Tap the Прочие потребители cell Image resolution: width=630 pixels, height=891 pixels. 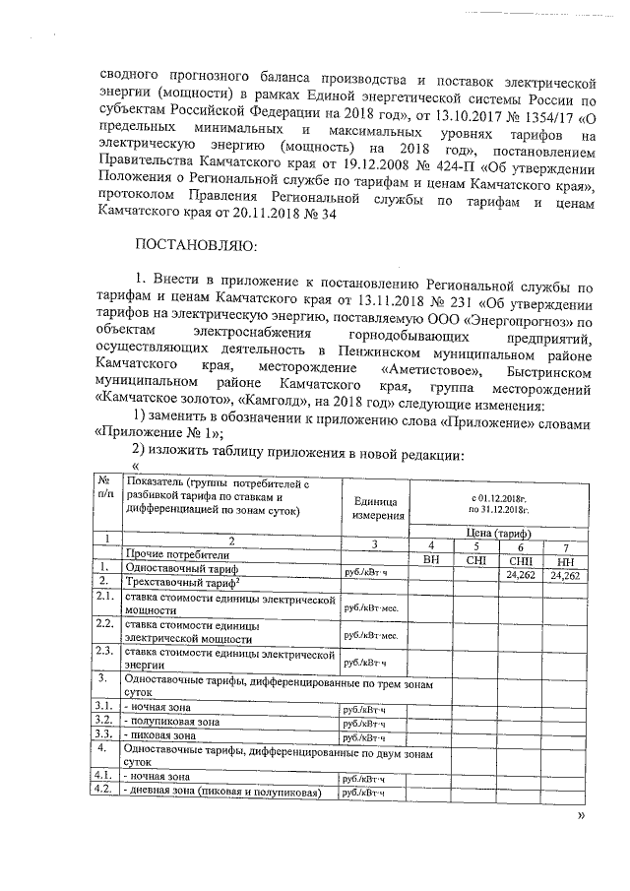pyautogui.click(x=169, y=556)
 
